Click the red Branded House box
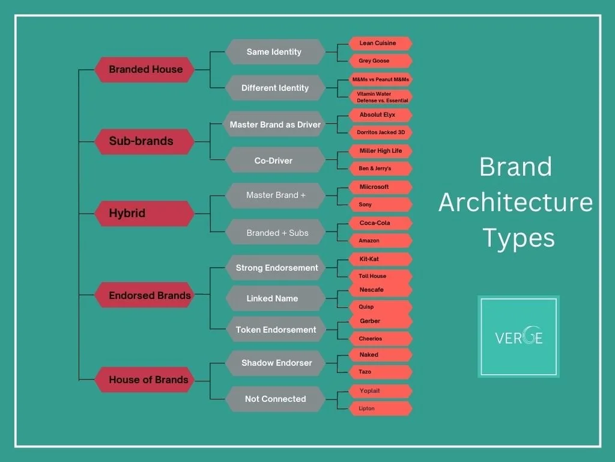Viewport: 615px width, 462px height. pos(145,70)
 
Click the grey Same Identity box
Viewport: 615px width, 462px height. pos(274,52)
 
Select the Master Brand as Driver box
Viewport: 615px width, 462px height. pos(274,125)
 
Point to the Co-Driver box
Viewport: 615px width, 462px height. pos(274,161)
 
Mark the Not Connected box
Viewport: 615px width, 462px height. pos(274,399)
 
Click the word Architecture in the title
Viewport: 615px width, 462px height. pos(515,202)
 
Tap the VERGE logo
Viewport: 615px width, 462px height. pos(519,337)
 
